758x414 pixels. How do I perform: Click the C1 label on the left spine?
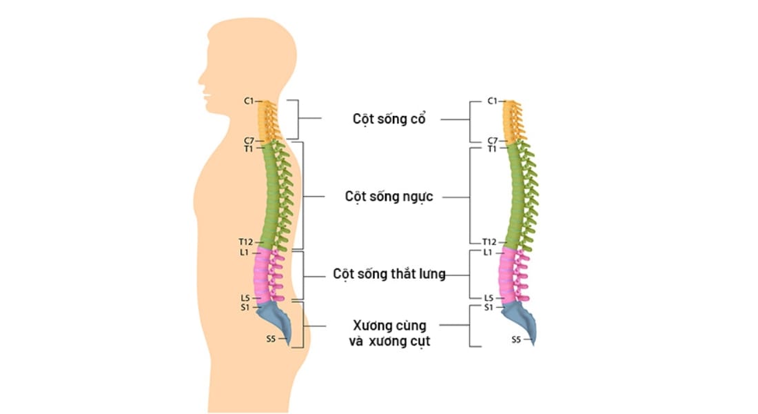(x=249, y=101)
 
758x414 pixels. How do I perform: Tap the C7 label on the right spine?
(x=492, y=141)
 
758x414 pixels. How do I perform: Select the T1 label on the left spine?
(x=248, y=148)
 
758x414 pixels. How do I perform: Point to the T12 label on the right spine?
(x=489, y=242)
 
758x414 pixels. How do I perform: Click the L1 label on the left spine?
(x=244, y=253)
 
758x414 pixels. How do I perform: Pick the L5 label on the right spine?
(x=488, y=297)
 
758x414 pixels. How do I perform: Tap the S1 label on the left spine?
(x=245, y=307)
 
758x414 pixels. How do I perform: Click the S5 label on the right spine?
(x=516, y=339)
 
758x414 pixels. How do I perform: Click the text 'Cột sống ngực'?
(x=389, y=197)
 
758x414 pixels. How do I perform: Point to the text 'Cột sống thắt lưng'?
(x=389, y=274)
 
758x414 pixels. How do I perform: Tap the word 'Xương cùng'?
(x=389, y=325)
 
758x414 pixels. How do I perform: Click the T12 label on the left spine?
(x=246, y=242)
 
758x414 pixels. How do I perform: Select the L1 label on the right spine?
(x=488, y=253)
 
